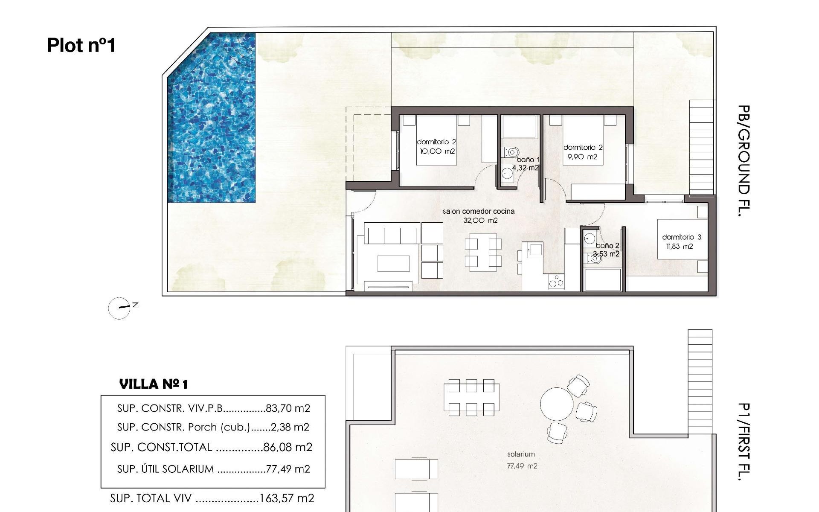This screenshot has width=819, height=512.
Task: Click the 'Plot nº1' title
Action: pyautogui.click(x=81, y=45)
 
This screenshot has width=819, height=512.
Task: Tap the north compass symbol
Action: pyautogui.click(x=119, y=308)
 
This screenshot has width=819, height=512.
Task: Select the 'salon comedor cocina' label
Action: pyautogui.click(x=478, y=211)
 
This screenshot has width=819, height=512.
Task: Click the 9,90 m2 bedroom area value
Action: pyautogui.click(x=582, y=157)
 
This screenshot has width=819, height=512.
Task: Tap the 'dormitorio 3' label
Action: pyautogui.click(x=682, y=237)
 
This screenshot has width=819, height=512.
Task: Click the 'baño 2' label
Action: pyautogui.click(x=607, y=246)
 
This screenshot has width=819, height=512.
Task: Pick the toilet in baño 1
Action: pyautogui.click(x=511, y=151)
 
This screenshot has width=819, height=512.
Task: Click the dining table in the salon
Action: pyautogui.click(x=483, y=252)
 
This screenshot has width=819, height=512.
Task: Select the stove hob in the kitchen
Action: pyautogui.click(x=556, y=282)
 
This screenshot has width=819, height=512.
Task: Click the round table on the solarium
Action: pyautogui.click(x=557, y=404)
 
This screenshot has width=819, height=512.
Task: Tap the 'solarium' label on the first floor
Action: pyautogui.click(x=521, y=454)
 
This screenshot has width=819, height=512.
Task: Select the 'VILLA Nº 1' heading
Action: pyautogui.click(x=154, y=384)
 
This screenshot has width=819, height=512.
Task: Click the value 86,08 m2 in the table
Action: pyautogui.click(x=288, y=447)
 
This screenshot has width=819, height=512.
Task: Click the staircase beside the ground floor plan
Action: pyautogui.click(x=701, y=147)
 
